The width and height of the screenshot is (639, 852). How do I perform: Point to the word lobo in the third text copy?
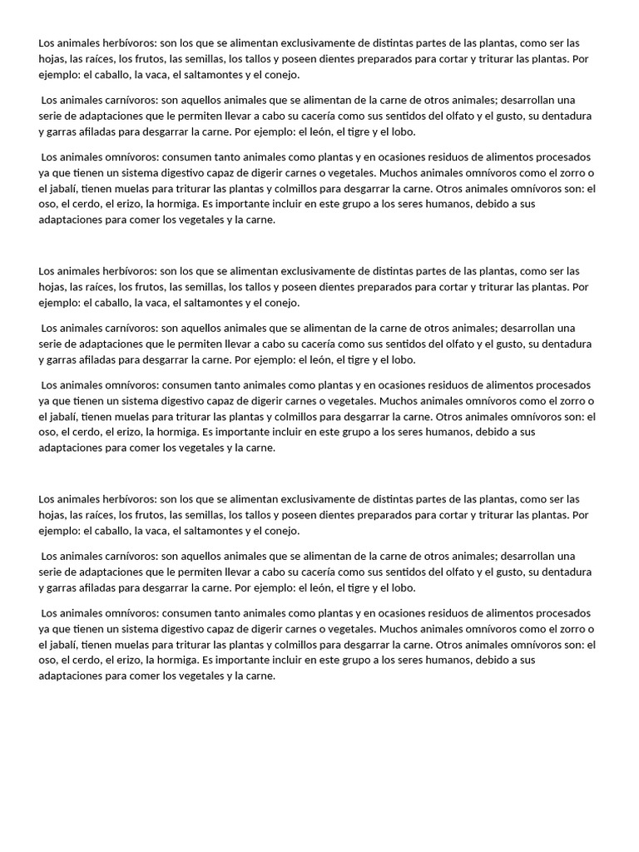pos(400,588)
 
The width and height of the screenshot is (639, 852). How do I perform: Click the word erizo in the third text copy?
pos(125,661)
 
